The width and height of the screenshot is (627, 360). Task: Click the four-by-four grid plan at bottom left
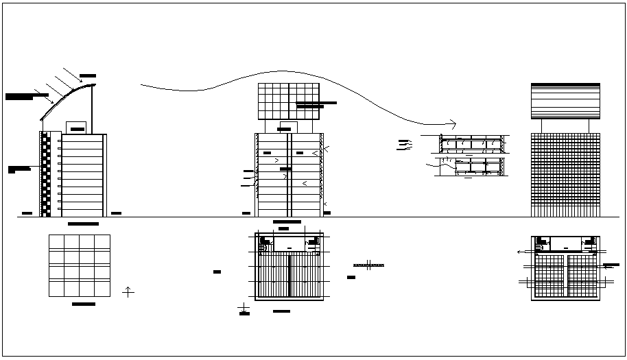click(x=80, y=266)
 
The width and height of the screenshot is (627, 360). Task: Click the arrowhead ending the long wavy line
click(x=451, y=123)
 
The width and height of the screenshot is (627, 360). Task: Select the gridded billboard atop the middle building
click(x=289, y=101)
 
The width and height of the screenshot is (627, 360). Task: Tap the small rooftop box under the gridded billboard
click(x=289, y=127)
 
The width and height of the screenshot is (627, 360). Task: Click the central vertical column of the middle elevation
click(x=289, y=175)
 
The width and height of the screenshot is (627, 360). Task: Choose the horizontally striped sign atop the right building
click(x=565, y=101)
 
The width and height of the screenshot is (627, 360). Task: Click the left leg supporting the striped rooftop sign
click(x=541, y=125)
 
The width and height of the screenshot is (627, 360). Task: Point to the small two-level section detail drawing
click(x=472, y=156)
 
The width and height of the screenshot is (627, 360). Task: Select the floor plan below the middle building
click(x=289, y=267)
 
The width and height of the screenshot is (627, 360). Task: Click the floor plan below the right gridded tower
click(x=565, y=268)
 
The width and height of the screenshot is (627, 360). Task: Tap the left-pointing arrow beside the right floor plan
click(x=519, y=252)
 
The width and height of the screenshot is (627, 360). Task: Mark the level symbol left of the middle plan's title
click(x=244, y=312)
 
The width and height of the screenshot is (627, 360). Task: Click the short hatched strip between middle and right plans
click(x=368, y=265)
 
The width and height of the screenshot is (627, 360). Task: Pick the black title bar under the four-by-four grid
click(x=83, y=303)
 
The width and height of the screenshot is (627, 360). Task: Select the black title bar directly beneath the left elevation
click(x=83, y=224)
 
